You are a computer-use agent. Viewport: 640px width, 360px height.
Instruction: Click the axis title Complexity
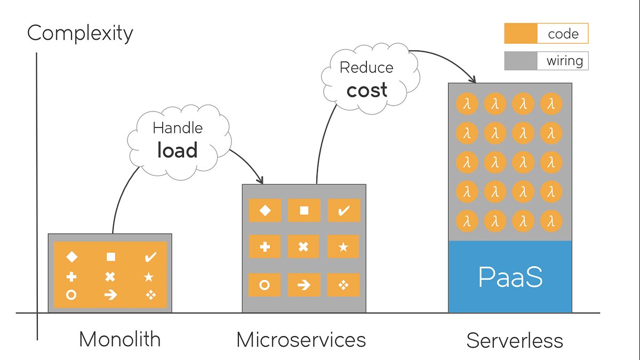pyautogui.click(x=80, y=34)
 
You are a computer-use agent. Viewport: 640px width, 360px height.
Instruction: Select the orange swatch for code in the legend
pyautogui.click(x=521, y=34)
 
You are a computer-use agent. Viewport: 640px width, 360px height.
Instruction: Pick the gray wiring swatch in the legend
pyautogui.click(x=521, y=61)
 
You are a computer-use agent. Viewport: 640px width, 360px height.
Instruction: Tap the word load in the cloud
pyautogui.click(x=178, y=150)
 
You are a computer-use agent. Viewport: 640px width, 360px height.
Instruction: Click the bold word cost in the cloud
pyautogui.click(x=367, y=90)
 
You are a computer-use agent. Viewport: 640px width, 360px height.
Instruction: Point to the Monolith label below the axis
pyautogui.click(x=119, y=339)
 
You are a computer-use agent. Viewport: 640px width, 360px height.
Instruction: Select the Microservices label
pyautogui.click(x=301, y=340)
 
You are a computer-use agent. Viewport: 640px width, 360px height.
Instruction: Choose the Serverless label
pyautogui.click(x=515, y=340)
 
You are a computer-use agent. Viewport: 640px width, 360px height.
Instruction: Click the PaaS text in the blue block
pyautogui.click(x=510, y=277)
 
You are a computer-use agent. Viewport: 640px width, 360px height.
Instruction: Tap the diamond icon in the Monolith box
pyautogui.click(x=71, y=257)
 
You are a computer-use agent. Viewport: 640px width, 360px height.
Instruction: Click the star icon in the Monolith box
pyautogui.click(x=149, y=277)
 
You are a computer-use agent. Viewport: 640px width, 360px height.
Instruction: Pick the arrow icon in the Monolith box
pyautogui.click(x=110, y=294)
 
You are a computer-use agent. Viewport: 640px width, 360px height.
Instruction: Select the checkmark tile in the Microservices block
pyautogui.click(x=343, y=210)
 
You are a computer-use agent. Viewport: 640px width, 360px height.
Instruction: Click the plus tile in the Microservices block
pyautogui.click(x=265, y=246)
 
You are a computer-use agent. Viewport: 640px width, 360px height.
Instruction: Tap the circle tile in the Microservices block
pyautogui.click(x=265, y=285)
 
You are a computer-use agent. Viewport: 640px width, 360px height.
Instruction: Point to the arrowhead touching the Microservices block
pyautogui.click(x=260, y=180)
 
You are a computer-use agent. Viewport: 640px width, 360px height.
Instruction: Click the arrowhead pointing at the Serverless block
pyautogui.click(x=473, y=79)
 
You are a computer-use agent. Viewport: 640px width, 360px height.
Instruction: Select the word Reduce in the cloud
pyautogui.click(x=366, y=68)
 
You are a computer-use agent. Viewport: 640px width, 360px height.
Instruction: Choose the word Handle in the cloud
pyautogui.click(x=178, y=127)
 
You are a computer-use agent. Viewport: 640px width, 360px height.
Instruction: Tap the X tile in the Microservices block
pyautogui.click(x=303, y=246)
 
